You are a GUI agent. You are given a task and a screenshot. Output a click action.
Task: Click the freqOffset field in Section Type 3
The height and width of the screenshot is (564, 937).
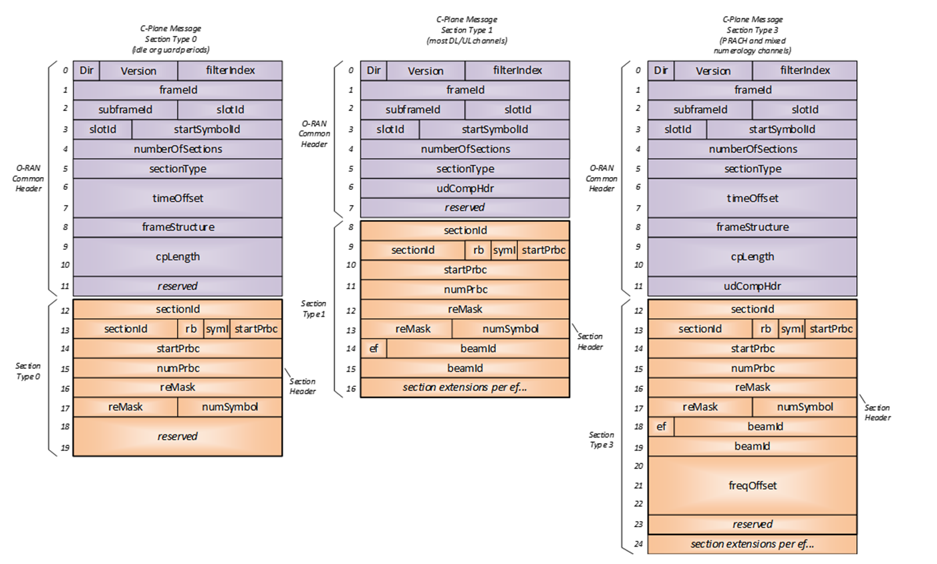click(752, 486)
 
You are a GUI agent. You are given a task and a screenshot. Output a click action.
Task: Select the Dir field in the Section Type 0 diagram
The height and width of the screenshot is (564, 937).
click(86, 71)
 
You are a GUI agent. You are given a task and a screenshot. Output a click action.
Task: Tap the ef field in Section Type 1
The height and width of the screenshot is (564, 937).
click(374, 348)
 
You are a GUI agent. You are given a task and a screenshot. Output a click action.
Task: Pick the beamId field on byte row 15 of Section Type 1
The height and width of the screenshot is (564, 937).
click(464, 368)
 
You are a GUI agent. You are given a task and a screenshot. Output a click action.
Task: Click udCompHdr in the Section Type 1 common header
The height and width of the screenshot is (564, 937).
click(464, 188)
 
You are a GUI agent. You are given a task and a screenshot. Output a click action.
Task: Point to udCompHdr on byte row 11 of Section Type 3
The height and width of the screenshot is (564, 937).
click(752, 286)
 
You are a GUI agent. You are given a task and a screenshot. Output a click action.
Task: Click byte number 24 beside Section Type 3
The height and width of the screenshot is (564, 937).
click(638, 544)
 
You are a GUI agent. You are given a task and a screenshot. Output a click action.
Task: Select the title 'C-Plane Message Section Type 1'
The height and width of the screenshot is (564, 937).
click(466, 30)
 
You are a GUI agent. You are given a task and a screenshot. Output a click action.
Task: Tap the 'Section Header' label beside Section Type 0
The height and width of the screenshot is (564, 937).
click(302, 386)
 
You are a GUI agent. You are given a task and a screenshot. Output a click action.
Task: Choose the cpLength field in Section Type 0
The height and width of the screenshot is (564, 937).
click(177, 257)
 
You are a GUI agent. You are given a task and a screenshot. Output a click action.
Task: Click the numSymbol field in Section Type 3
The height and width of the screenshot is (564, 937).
click(805, 407)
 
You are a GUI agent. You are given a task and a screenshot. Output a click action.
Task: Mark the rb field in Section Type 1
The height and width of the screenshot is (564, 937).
click(478, 250)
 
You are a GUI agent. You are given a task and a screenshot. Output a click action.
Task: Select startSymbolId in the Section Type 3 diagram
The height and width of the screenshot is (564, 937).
click(781, 130)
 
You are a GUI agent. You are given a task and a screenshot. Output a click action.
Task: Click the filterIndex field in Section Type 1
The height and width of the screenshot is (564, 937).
click(517, 71)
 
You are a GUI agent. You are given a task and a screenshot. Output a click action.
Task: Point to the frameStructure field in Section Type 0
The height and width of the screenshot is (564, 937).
click(177, 227)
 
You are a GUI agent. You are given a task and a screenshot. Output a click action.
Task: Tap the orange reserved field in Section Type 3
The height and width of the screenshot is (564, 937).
click(752, 525)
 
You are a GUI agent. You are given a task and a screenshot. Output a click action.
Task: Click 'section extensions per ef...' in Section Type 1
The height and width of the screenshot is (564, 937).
click(464, 388)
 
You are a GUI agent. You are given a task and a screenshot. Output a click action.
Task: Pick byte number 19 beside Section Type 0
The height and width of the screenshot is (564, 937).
click(65, 448)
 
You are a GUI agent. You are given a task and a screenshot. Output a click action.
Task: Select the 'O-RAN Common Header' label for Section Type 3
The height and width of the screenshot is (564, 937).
click(601, 178)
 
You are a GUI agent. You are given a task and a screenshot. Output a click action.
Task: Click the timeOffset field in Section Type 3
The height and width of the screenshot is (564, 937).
click(752, 198)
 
